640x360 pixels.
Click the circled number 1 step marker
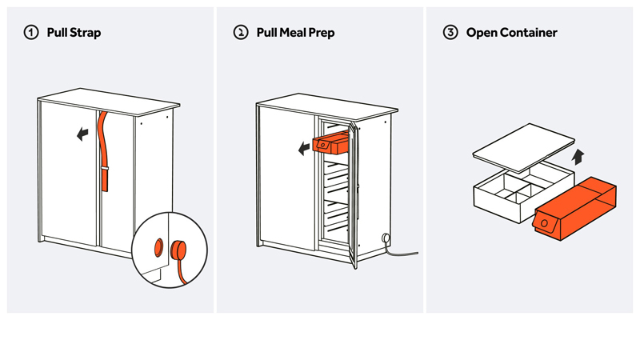31,33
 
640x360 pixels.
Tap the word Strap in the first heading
85,33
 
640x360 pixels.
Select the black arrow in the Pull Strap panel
82,134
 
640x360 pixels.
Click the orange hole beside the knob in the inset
158,246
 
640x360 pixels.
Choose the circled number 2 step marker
240,33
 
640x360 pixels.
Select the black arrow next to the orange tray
303,148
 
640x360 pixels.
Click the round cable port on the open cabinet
386,237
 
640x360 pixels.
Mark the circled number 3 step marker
450,33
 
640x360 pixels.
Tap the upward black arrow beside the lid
579,155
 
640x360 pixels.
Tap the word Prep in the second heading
323,33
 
